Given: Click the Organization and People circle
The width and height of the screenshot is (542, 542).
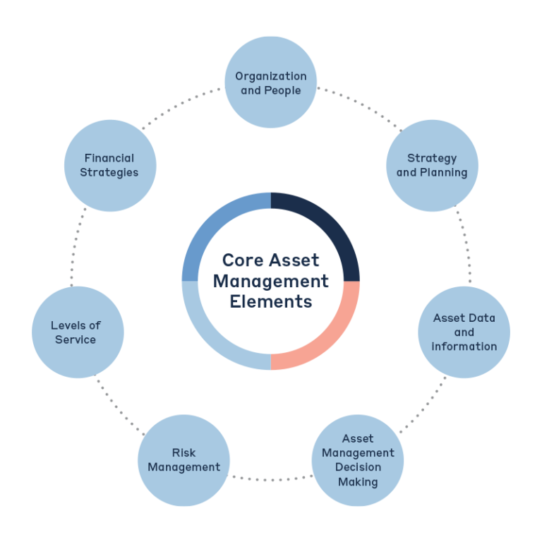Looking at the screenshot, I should coord(271,83).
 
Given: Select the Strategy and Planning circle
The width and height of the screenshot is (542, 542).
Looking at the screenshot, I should coord(432,165).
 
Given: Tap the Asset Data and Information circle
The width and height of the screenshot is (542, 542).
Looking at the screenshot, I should coord(464,332).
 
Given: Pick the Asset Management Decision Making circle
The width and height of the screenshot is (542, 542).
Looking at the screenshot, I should coord(358,461).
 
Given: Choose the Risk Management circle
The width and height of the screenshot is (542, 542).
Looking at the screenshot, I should coord(183,460).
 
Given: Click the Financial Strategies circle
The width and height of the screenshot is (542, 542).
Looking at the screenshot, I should coord(109,165).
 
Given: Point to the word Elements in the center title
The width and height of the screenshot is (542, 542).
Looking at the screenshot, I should coord(271,301).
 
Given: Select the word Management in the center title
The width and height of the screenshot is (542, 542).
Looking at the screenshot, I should coord(271,281).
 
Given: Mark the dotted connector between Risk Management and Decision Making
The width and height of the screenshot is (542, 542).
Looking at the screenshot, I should coord(271,478).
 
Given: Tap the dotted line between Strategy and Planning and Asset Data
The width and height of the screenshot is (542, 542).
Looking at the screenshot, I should coord(466,247).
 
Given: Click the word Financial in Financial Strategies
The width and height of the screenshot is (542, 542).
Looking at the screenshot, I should coord(109,158).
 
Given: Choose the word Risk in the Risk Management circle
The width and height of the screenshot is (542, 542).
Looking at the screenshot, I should coord(183,452).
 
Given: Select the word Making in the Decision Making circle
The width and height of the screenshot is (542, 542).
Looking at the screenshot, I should coord(358,482).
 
